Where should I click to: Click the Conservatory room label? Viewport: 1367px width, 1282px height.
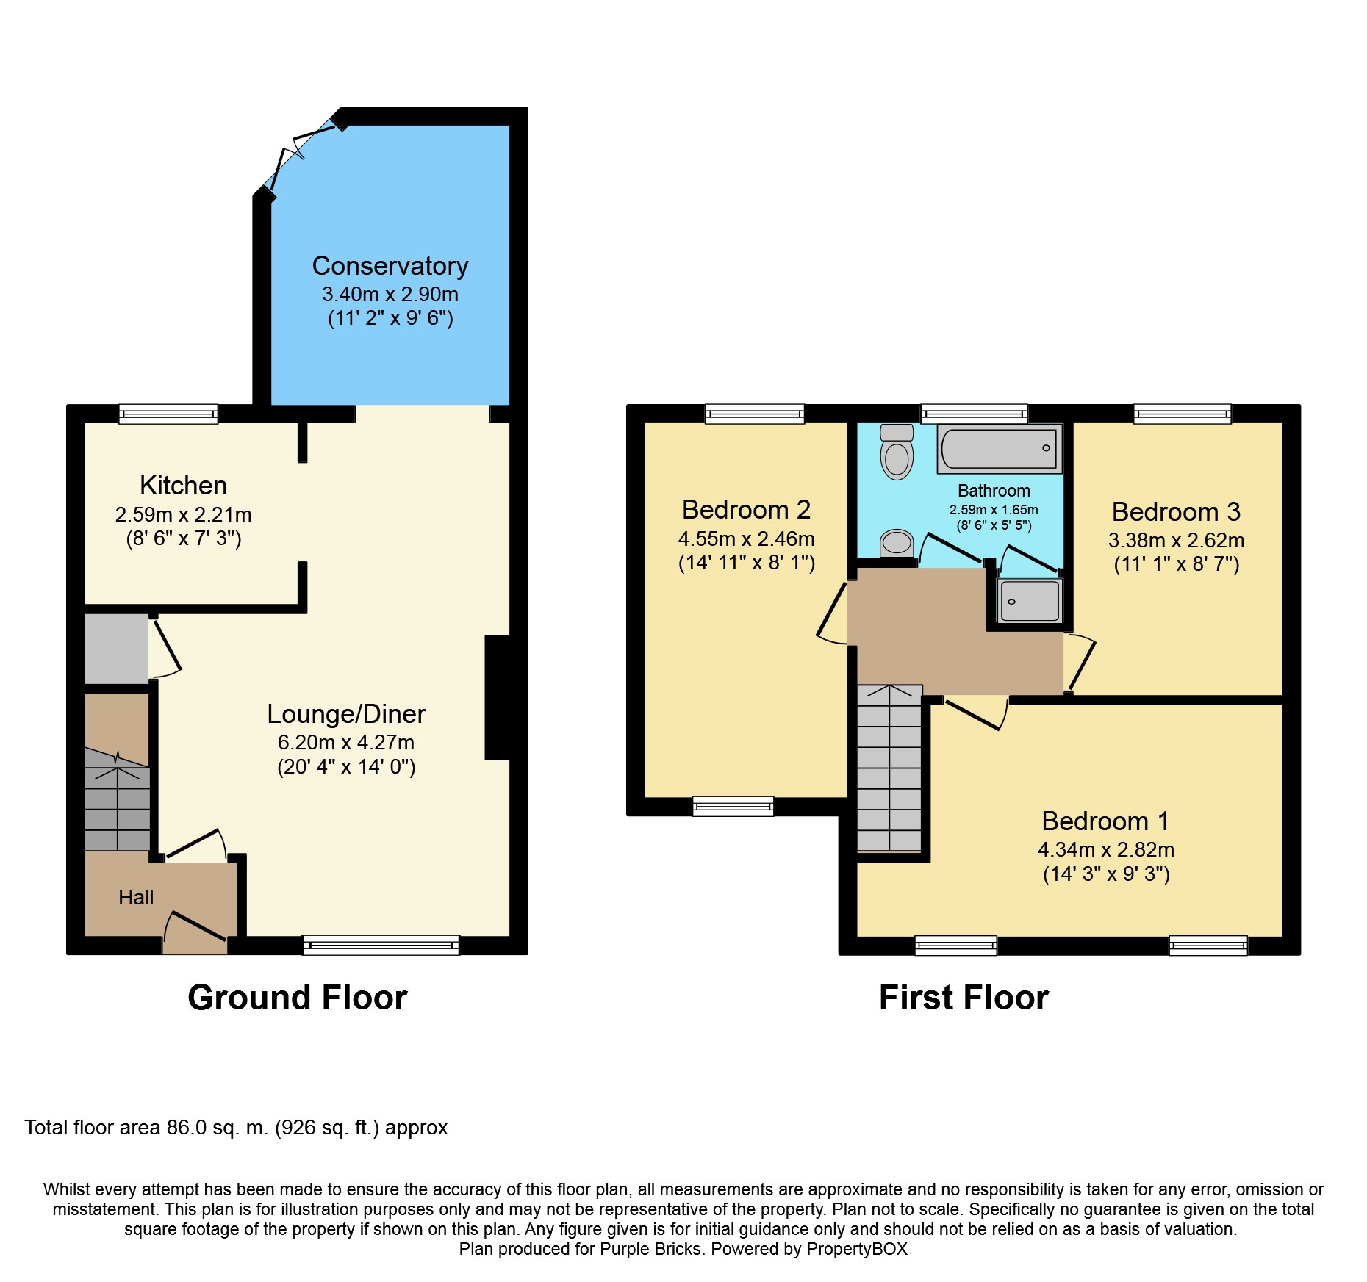point(390,266)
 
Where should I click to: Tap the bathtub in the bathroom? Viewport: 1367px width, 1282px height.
point(999,448)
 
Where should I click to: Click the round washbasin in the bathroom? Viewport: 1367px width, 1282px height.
point(897,544)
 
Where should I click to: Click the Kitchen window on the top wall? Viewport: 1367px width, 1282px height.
point(168,414)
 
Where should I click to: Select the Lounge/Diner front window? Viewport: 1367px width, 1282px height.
point(381,945)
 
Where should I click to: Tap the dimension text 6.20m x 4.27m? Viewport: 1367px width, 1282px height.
point(345,742)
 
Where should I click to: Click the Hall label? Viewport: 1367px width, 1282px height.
point(136,897)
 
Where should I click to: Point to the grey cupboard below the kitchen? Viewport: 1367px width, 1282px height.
point(116,649)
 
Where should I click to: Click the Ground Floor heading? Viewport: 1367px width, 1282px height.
point(297,998)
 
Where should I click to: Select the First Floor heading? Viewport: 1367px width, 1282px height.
point(963,998)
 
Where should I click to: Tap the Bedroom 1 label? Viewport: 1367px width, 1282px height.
point(1105,821)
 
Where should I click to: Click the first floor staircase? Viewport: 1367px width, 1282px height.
point(889,768)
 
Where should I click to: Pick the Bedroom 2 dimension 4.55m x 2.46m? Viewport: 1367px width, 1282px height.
point(746,539)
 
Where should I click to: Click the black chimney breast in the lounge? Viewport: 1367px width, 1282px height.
point(498,697)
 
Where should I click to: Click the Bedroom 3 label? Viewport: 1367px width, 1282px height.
point(1175,511)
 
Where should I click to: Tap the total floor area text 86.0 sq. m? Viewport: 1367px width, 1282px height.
point(235,1128)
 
